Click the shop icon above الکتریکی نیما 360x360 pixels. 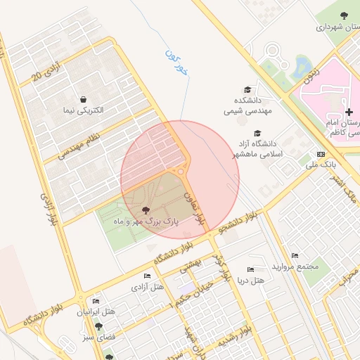pyautogui.click(x=84, y=99)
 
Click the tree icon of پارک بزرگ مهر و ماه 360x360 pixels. pyautogui.click(x=146, y=210)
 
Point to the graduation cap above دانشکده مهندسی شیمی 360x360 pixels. pyautogui.click(x=247, y=89)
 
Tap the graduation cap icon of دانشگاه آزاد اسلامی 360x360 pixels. pyautogui.click(x=257, y=134)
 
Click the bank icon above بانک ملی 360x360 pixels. pyautogui.click(x=321, y=154)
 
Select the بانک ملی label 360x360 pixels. pyautogui.click(x=321, y=165)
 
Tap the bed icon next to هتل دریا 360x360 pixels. pyautogui.click(x=251, y=270)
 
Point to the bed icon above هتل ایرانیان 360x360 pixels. pyautogui.click(x=96, y=300)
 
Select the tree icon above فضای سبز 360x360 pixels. pyautogui.click(x=98, y=327)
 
